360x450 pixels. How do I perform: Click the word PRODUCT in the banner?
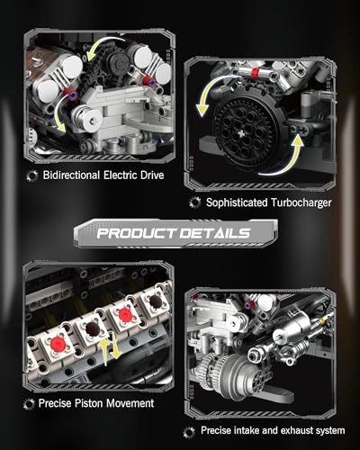click(139, 233)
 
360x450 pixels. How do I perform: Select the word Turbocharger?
click(294, 202)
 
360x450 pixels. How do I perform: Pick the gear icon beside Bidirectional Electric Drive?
click(31, 173)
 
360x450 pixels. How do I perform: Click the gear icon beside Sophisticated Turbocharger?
click(194, 202)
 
